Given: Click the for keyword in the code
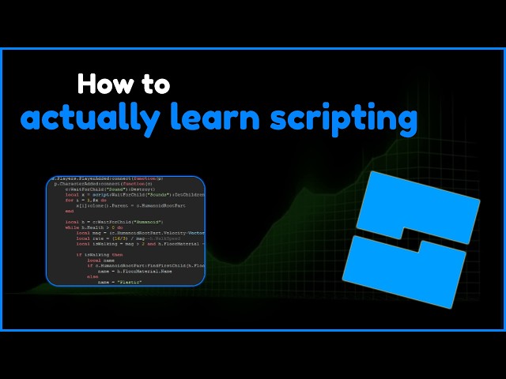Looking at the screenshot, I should (69, 200).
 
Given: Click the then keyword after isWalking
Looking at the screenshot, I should (117, 255).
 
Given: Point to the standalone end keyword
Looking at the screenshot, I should (70, 211).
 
